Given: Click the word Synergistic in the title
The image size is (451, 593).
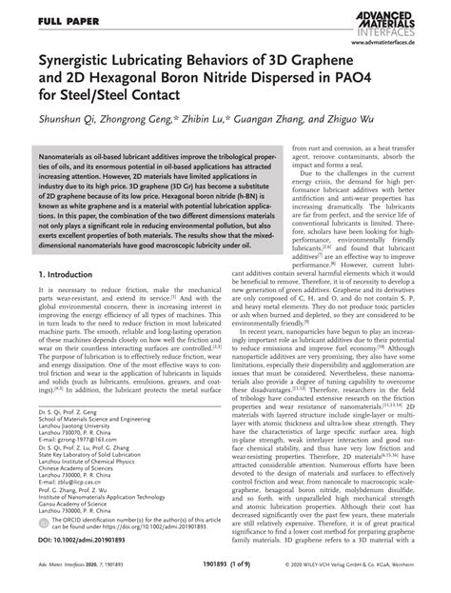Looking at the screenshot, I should coord(82,65).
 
